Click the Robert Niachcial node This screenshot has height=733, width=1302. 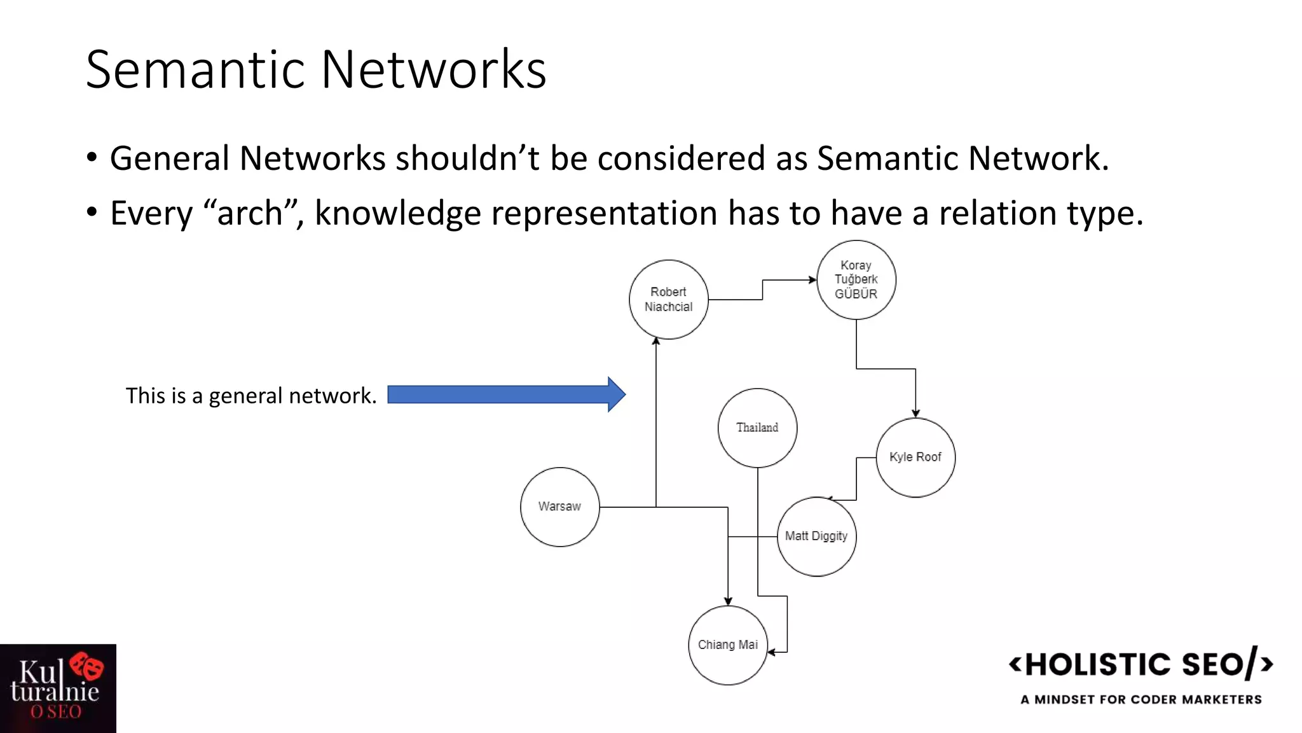click(668, 299)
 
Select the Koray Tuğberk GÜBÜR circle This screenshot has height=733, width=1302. click(856, 279)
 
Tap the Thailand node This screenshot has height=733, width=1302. click(757, 428)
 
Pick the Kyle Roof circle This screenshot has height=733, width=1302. click(915, 457)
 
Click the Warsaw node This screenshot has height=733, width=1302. click(559, 506)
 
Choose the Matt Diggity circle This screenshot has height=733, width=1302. click(816, 536)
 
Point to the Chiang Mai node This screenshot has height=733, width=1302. click(728, 645)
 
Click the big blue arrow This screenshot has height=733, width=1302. click(506, 394)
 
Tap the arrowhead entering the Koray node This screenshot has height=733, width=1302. click(812, 279)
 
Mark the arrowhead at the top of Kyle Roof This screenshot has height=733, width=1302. click(915, 414)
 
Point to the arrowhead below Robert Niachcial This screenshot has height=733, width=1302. click(656, 342)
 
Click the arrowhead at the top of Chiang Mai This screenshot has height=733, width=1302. click(728, 601)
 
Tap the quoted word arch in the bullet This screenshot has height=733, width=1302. click(250, 213)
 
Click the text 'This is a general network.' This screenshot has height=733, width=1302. click(251, 396)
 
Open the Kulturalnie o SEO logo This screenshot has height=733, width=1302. click(58, 688)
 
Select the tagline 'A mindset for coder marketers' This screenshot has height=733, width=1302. click(1141, 699)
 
